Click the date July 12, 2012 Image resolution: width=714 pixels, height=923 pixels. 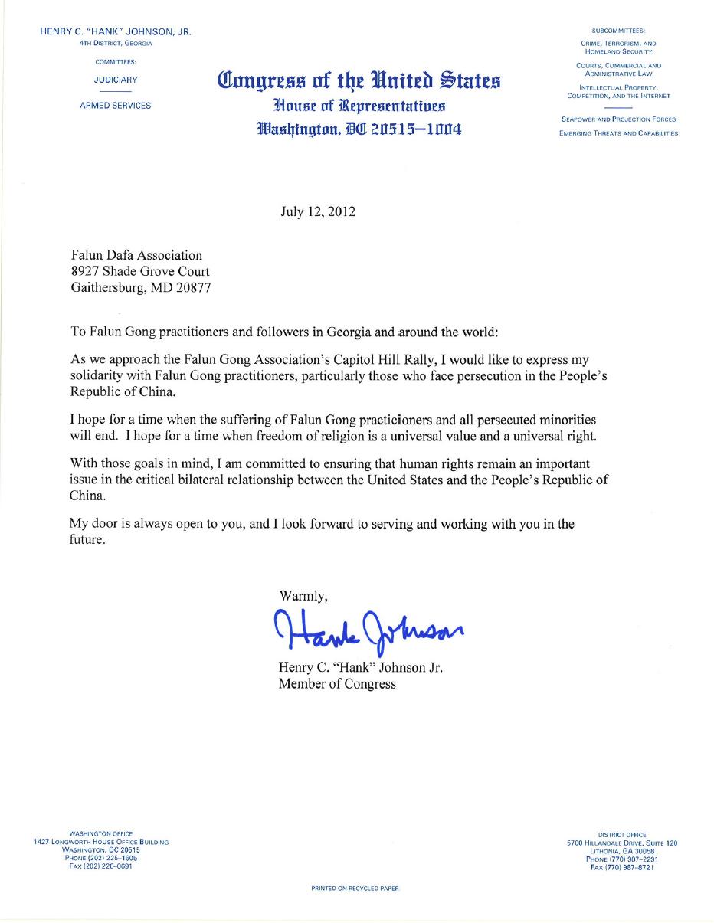point(317,211)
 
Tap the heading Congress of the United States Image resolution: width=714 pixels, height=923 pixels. point(359,80)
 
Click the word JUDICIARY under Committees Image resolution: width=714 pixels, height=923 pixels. point(116,80)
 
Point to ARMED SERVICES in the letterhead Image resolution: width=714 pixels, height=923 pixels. point(116,106)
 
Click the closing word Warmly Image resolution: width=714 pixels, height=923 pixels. point(303,595)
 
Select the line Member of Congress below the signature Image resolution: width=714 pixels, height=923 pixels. point(337,684)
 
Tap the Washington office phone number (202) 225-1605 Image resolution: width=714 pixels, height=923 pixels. point(101,858)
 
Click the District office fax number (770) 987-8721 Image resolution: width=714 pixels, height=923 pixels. point(622,868)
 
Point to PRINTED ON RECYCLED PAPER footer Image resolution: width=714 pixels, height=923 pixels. point(355,889)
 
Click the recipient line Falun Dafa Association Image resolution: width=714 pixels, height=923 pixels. point(136,255)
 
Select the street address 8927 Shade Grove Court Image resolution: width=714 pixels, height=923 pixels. point(140,271)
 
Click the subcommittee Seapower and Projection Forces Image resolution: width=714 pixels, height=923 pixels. point(618,119)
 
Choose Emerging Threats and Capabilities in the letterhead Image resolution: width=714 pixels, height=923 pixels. point(618,133)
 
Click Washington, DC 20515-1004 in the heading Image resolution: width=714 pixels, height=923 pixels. point(359,129)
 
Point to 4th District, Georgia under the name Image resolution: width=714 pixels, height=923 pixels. point(116,44)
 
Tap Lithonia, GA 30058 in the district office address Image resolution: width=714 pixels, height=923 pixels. point(622,851)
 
